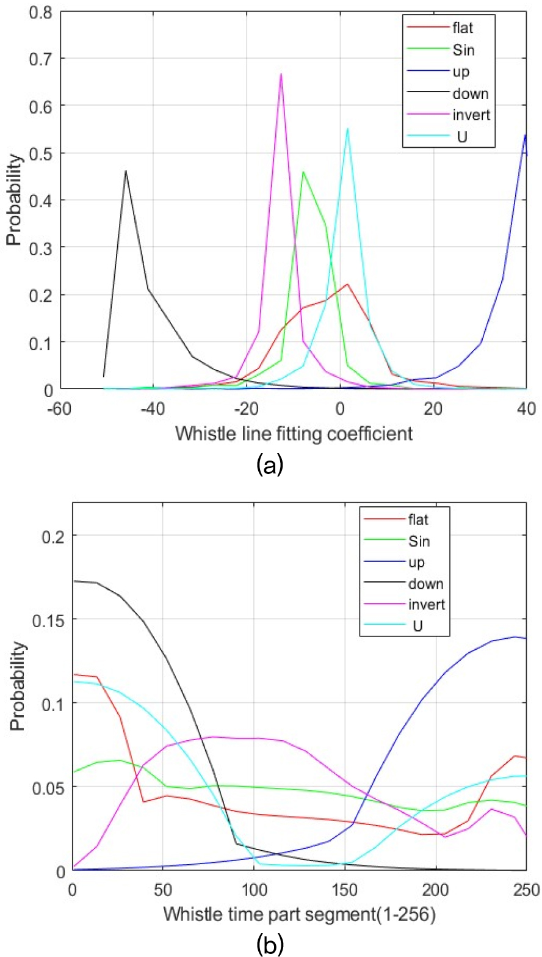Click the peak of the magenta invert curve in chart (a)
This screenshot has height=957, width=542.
pyautogui.click(x=281, y=74)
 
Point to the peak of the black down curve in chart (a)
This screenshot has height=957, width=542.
pyautogui.click(x=126, y=171)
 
